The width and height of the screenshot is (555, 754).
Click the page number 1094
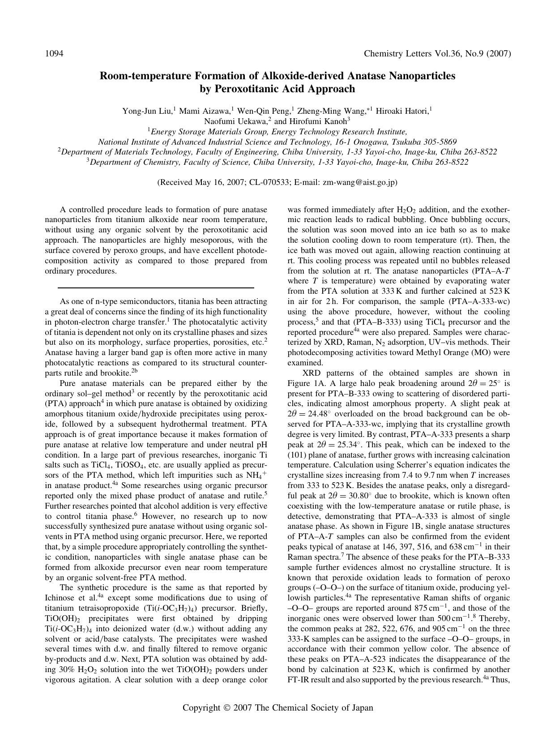click(54, 54)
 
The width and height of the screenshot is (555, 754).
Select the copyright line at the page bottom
click(277, 708)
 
